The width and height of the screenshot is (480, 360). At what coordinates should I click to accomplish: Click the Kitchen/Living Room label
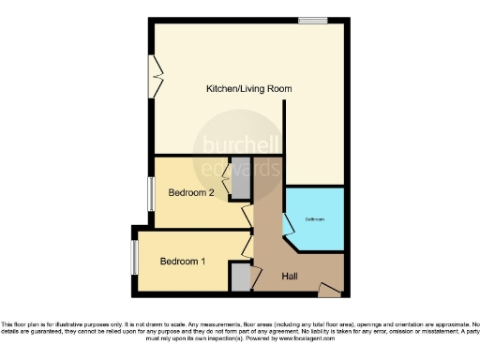pos(248,89)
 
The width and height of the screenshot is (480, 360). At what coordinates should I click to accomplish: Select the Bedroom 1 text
pos(182,261)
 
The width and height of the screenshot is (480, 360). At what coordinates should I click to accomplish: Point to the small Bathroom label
pos(314,218)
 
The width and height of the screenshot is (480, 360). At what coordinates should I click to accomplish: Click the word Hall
pos(292,277)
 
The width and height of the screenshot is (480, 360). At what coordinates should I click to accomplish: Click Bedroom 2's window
pos(151,195)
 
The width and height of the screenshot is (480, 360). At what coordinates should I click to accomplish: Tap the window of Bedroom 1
pos(135,258)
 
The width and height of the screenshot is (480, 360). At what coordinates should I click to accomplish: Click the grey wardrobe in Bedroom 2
pos(241,185)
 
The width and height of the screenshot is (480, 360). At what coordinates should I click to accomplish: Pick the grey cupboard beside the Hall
pos(241,277)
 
